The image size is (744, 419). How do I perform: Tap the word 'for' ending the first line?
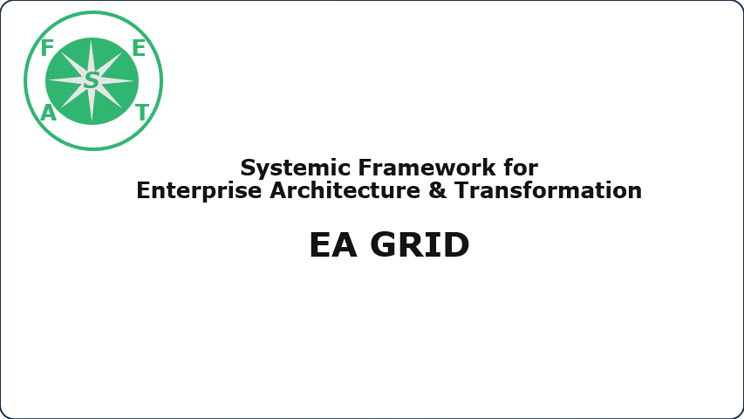point(521,168)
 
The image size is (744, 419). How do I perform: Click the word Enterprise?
point(199,191)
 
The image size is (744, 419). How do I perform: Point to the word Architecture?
point(345,190)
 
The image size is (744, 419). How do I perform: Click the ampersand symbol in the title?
point(438,190)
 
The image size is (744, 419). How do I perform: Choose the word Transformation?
point(548,190)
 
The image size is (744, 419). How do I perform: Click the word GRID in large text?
point(420,245)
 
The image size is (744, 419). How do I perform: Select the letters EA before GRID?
point(333,245)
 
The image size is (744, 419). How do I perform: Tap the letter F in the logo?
point(47,48)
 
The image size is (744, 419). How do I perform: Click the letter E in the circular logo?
point(139,48)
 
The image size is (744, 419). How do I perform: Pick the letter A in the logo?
point(48,113)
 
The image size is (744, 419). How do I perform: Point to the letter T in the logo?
point(142,113)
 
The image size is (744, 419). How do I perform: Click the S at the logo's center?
point(91,80)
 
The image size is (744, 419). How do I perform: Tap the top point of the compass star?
point(92,41)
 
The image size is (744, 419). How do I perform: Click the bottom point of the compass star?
point(92,120)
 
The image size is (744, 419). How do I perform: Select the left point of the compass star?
point(51,80)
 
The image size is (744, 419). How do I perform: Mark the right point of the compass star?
point(133,81)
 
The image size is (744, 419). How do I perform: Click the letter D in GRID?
point(456,245)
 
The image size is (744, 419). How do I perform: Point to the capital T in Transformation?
point(461,190)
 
